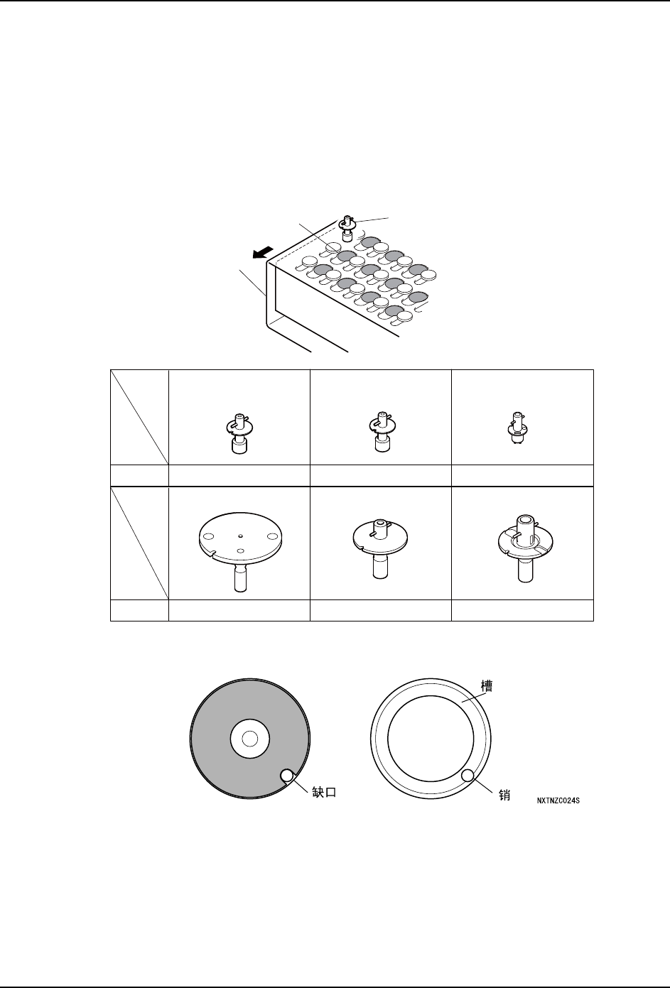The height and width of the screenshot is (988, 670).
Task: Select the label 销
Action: (x=505, y=796)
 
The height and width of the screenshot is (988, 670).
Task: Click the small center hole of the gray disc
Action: (x=249, y=739)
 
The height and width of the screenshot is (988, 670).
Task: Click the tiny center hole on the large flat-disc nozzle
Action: (x=241, y=536)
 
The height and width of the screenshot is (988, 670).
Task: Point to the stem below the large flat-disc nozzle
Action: (x=241, y=576)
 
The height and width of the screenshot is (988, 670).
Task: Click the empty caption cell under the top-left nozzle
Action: (x=239, y=475)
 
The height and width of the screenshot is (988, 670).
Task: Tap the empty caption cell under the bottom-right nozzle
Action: (x=522, y=610)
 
